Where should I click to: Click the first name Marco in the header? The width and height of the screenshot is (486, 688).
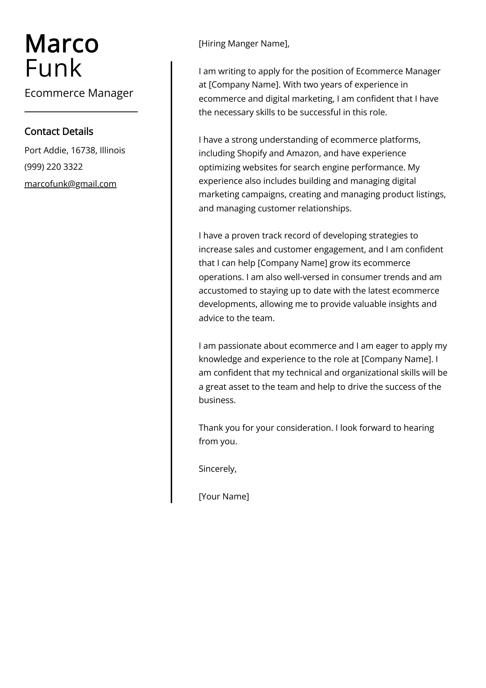(x=62, y=44)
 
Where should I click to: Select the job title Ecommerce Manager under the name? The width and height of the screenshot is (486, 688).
(x=79, y=93)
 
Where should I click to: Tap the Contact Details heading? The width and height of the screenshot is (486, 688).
(x=59, y=131)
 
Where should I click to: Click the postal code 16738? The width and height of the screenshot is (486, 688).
(x=83, y=151)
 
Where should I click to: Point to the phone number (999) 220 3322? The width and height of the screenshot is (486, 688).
(x=54, y=167)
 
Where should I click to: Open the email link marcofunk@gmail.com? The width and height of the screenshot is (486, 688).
(x=70, y=184)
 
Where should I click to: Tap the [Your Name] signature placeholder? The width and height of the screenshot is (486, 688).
(x=224, y=496)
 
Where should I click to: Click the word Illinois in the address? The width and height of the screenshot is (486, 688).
(x=112, y=151)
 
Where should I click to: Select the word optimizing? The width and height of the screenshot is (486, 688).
(x=219, y=167)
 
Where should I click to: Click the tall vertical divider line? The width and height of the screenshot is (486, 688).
(x=171, y=282)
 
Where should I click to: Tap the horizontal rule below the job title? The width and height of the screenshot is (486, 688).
(x=81, y=112)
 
